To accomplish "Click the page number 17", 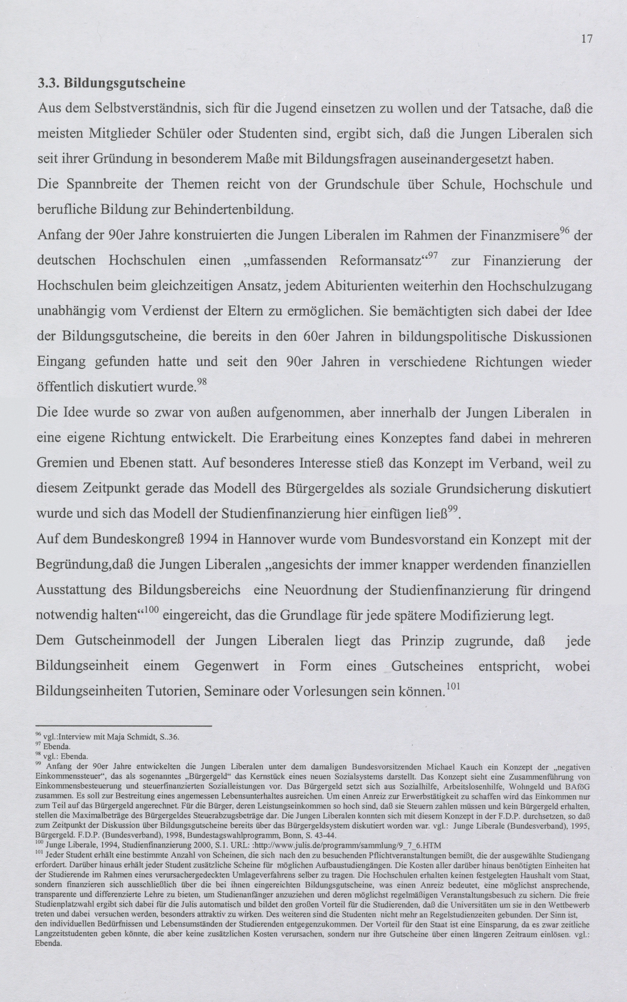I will (x=586, y=39).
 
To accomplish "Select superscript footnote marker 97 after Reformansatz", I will (x=433, y=256).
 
